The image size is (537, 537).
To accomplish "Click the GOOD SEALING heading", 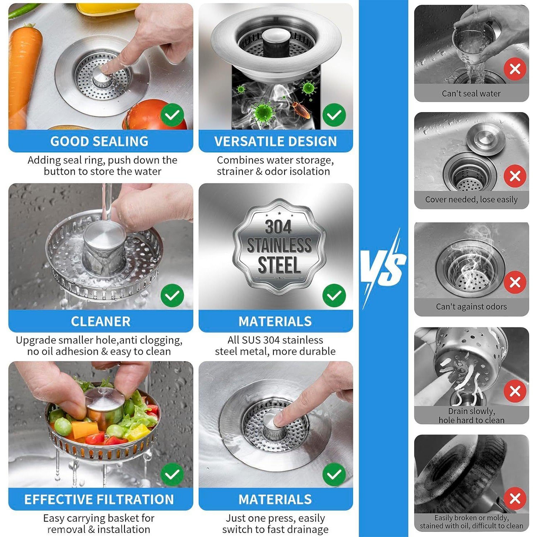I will tap(100, 141).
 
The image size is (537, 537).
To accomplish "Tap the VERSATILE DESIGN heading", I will tap(275, 141).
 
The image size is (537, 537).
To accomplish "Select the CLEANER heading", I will tap(101, 321).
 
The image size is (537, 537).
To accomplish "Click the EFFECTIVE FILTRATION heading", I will tap(99, 499).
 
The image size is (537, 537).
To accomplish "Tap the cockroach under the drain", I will tap(300, 109).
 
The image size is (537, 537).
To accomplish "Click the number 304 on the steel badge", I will tap(279, 227).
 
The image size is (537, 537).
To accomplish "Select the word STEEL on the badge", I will tap(279, 265).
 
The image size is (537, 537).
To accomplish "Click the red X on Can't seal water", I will tap(515, 68).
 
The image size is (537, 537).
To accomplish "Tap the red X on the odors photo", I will tap(515, 282).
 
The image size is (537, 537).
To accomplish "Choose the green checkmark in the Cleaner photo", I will tap(172, 295).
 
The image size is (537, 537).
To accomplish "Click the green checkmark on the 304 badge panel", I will tap(334, 295).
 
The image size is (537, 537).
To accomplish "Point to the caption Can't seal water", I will tap(471, 93).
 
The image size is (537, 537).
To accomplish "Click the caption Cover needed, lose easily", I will tap(471, 199).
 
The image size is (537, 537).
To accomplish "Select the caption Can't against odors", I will tap(471, 306).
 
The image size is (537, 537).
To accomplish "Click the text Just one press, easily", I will tap(275, 518).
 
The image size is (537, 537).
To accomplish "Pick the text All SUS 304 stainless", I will tap(275, 340).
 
